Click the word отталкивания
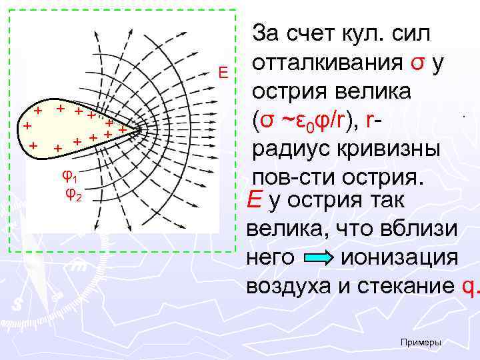[327, 63]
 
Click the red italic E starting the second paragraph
[254, 199]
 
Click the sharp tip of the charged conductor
[143, 131]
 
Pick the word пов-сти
[292, 178]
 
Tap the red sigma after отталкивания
[416, 63]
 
